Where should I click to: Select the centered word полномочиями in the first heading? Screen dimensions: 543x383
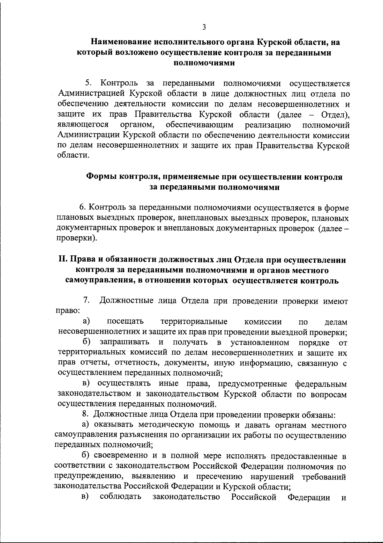204,62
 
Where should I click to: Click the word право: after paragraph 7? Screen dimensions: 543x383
69,311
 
